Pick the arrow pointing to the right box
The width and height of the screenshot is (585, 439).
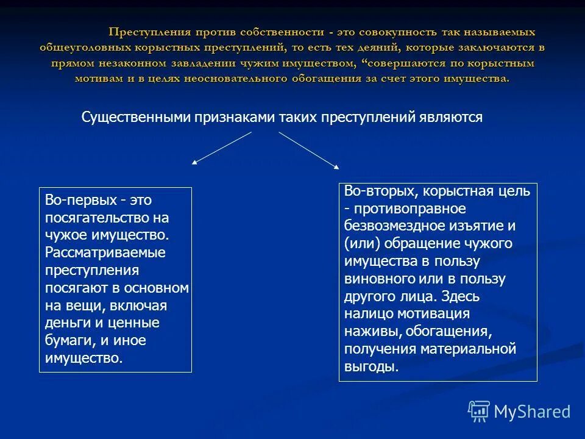click(309, 149)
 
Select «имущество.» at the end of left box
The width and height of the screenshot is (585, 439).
click(83, 358)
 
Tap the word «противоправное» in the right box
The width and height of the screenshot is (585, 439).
click(409, 209)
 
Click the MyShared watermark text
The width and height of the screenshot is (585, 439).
click(532, 412)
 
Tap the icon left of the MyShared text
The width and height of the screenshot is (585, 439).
click(479, 411)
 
